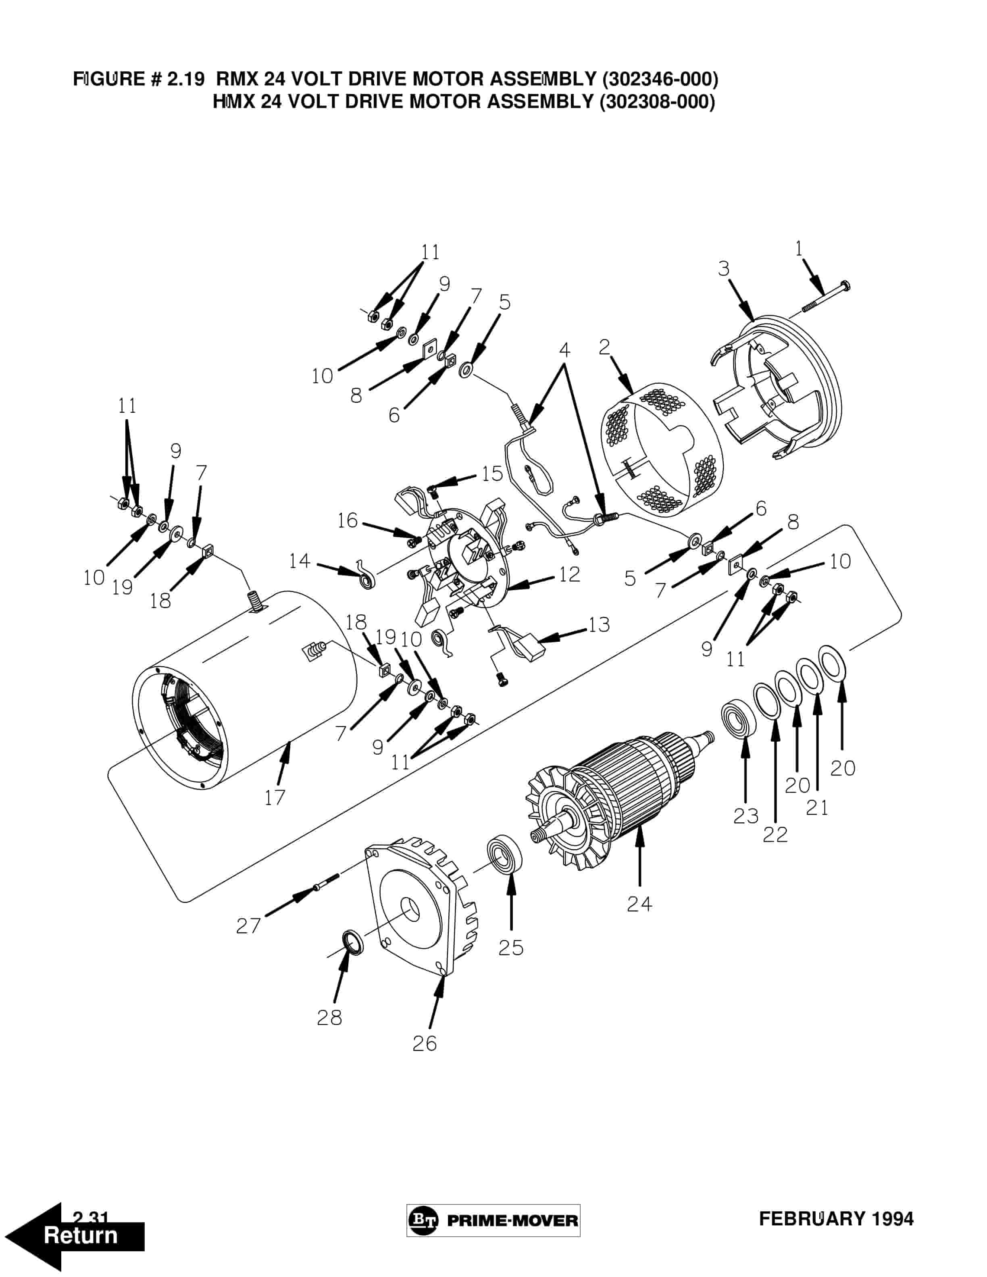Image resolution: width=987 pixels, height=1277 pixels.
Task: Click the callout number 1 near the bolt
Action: click(799, 249)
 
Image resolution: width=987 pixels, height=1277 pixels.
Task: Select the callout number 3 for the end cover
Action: click(724, 268)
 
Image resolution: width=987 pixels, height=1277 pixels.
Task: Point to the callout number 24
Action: click(639, 904)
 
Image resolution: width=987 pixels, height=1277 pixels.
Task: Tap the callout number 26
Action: click(425, 1044)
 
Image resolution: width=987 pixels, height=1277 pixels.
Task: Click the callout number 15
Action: click(492, 474)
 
